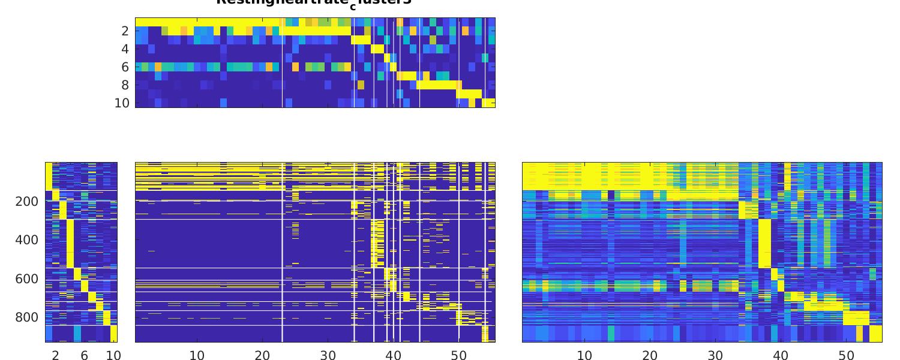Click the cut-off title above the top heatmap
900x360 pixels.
314,2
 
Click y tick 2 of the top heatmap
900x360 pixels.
125,31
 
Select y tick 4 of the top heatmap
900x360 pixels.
125,49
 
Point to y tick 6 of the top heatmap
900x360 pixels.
125,67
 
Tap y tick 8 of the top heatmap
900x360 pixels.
125,85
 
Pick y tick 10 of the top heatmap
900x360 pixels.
122,103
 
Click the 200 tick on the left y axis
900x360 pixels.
26,201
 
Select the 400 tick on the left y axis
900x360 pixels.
26,240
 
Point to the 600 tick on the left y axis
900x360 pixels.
26,278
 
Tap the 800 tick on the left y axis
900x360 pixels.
26,317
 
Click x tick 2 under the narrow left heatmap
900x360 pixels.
56,355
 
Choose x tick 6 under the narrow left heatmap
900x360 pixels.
85,355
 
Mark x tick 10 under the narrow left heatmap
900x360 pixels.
113,355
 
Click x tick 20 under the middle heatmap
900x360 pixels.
262,355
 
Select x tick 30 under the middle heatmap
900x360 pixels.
328,355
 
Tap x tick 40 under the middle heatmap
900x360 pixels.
393,355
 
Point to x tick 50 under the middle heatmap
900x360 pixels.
458,355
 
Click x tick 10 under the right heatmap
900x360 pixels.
584,355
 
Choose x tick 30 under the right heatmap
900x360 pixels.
715,355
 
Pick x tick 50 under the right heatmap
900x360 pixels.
846,355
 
